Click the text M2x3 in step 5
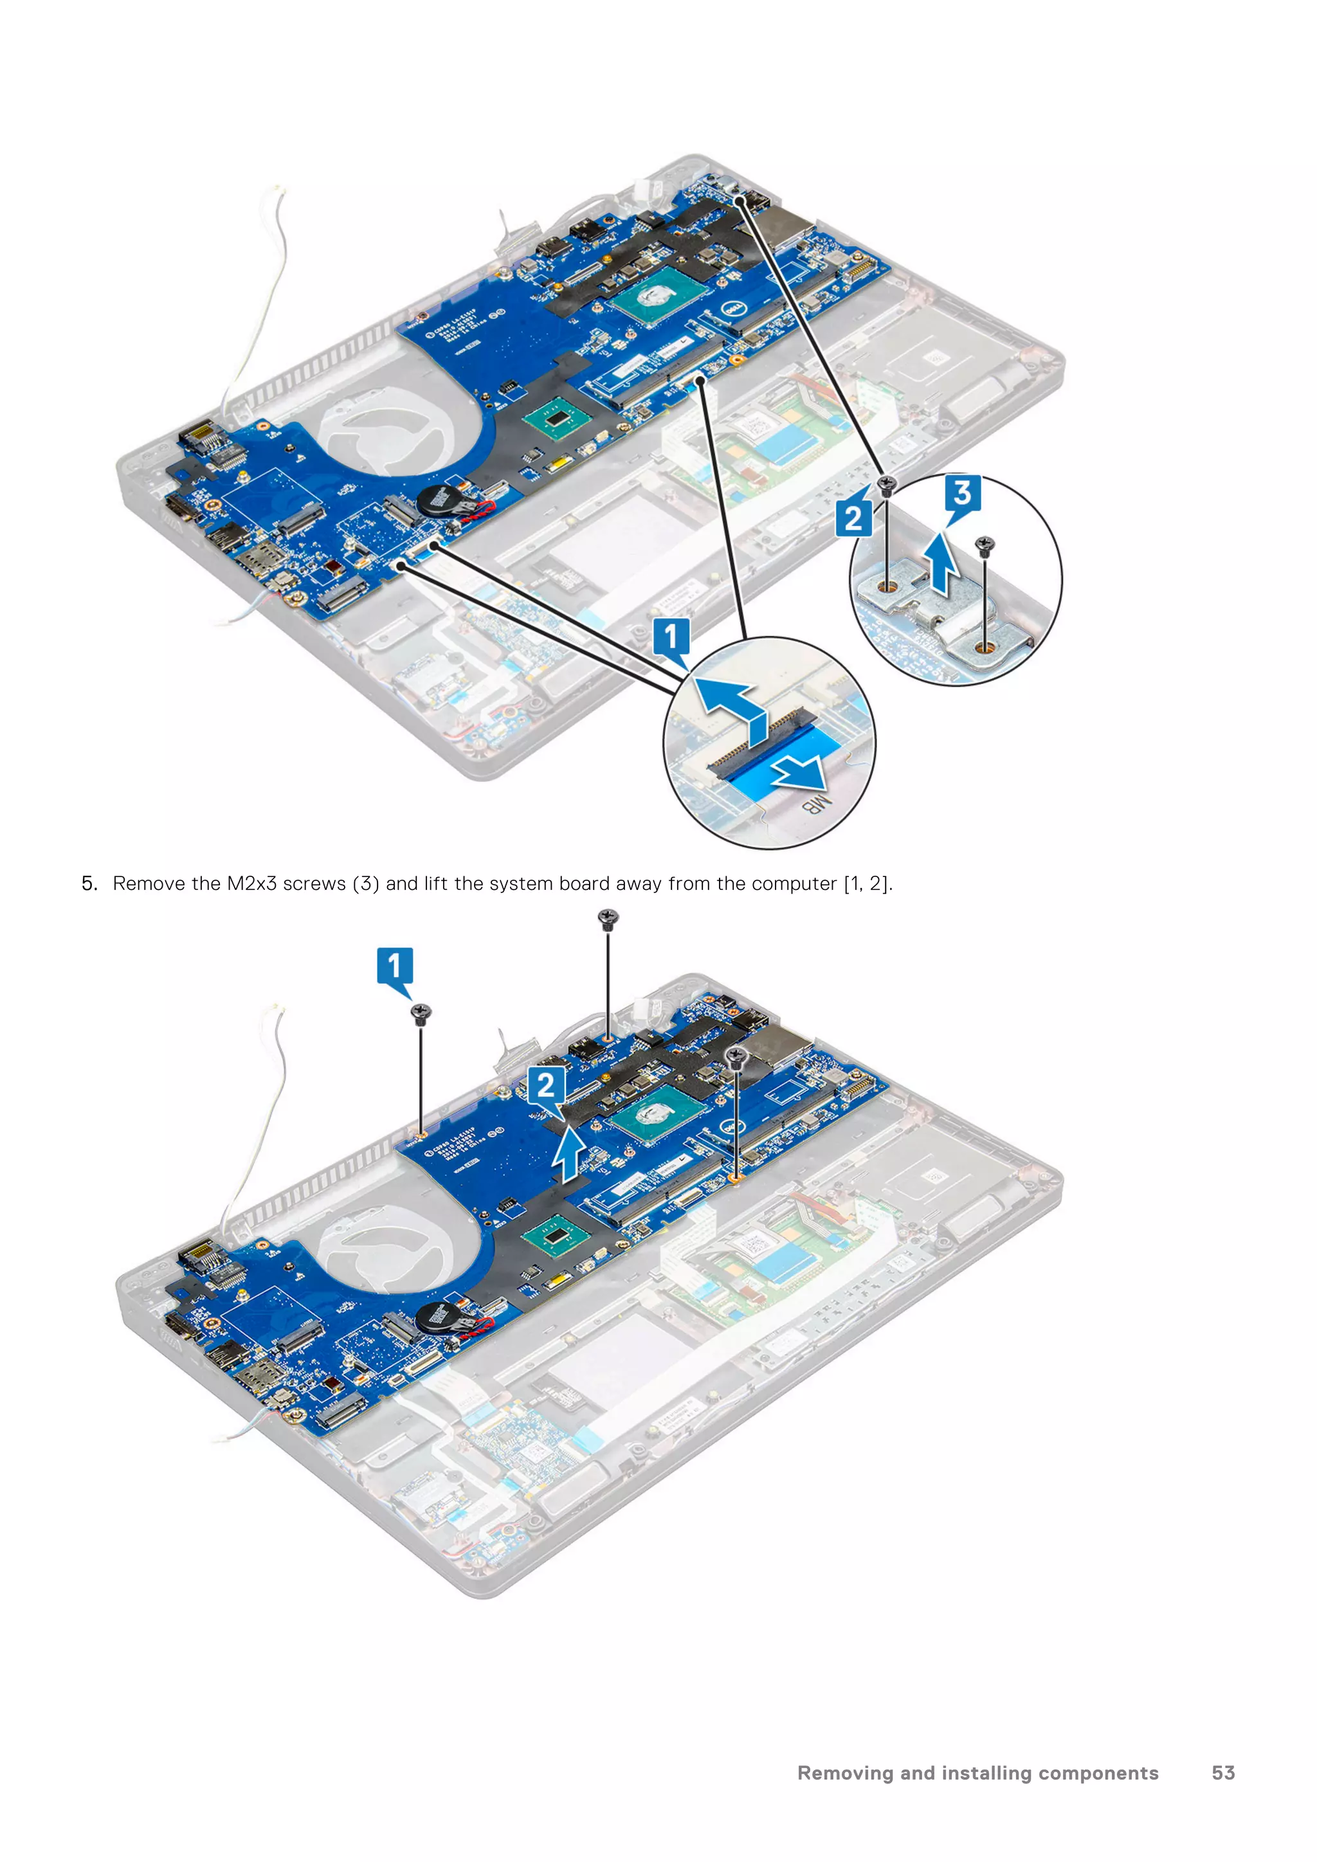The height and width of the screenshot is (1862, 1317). [x=251, y=884]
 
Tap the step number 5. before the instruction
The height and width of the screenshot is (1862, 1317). [x=89, y=884]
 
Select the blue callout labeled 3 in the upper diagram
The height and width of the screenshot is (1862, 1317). [x=963, y=493]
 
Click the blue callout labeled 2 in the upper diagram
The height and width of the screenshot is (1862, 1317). [x=853, y=519]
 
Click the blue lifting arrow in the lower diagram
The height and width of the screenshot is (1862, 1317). [x=568, y=1155]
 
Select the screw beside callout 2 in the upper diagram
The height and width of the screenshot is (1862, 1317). [x=887, y=487]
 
